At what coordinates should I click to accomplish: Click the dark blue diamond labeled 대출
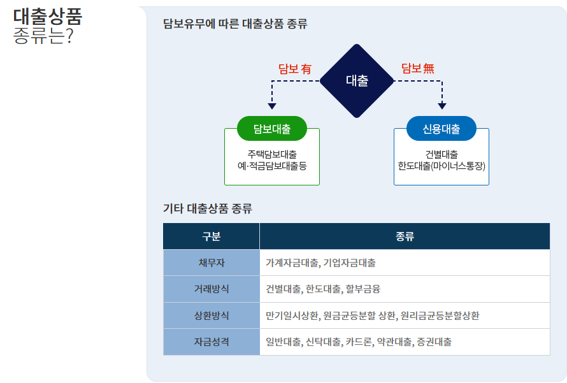[x=357, y=81]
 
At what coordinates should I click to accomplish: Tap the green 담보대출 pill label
[x=272, y=129]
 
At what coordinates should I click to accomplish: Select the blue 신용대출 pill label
[x=441, y=129]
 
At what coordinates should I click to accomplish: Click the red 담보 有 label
[x=294, y=69]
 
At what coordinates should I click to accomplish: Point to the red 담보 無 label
[x=418, y=69]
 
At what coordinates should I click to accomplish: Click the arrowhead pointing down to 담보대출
[x=272, y=106]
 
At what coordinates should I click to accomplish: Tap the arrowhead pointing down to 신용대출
[x=442, y=106]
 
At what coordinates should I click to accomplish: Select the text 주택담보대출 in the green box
[x=272, y=154]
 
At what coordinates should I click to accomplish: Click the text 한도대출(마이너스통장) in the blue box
[x=441, y=166]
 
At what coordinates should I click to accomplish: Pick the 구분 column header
[x=211, y=236]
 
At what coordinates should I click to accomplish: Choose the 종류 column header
[x=405, y=236]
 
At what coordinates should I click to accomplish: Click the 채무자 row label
[x=211, y=263]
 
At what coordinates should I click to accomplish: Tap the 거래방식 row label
[x=211, y=289]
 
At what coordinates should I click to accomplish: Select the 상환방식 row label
[x=211, y=315]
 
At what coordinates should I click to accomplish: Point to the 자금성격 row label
[x=211, y=342]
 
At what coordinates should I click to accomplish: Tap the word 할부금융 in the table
[x=362, y=289]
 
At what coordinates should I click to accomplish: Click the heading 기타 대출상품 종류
[x=208, y=208]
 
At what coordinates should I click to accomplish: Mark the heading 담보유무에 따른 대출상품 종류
[x=235, y=25]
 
